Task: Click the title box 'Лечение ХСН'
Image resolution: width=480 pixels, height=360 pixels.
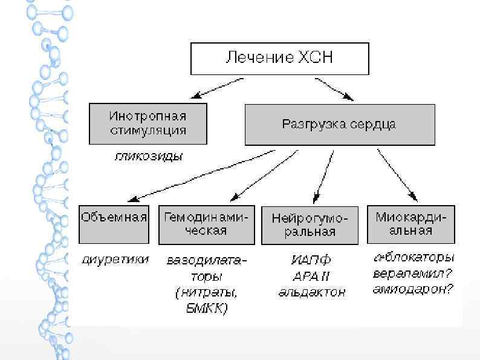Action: [x=279, y=59]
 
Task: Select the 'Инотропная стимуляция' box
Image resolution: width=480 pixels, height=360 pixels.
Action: [x=148, y=123]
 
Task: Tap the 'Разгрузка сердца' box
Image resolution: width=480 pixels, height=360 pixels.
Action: [x=339, y=125]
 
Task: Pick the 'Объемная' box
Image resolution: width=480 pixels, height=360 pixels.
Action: [x=114, y=224]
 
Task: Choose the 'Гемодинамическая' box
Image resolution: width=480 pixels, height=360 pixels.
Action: [x=207, y=224]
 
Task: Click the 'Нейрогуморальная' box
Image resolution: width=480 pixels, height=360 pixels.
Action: [x=311, y=225]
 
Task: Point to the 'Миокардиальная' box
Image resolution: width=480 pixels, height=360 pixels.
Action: [x=412, y=224]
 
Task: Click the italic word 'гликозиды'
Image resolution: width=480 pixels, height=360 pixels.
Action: [x=148, y=156]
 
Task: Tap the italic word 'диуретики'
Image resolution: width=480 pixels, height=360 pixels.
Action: [x=115, y=261]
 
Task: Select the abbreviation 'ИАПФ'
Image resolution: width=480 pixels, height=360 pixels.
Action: [x=311, y=261]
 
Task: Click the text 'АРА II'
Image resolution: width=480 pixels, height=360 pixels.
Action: [x=311, y=277]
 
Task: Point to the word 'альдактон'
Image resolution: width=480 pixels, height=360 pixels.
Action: [x=311, y=293]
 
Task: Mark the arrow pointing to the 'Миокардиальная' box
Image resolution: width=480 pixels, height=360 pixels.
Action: [x=397, y=174]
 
